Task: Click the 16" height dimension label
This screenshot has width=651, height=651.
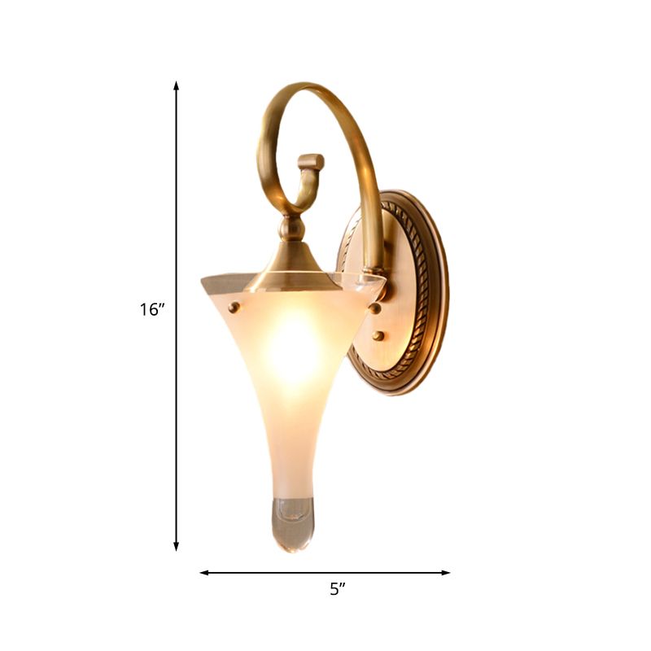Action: (151, 309)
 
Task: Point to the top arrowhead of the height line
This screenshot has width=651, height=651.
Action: (176, 85)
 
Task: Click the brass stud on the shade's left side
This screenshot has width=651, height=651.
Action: (234, 307)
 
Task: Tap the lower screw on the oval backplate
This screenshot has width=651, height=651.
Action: (380, 335)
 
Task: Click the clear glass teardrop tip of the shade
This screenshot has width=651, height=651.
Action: (291, 525)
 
